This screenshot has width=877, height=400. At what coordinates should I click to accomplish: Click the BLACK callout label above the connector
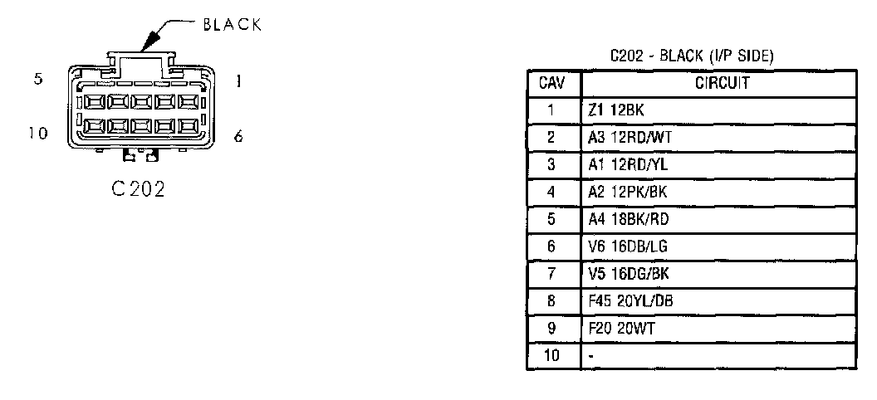click(x=232, y=25)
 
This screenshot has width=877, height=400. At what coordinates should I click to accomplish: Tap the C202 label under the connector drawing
click(x=137, y=188)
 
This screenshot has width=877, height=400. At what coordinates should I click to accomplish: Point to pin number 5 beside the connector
click(x=37, y=80)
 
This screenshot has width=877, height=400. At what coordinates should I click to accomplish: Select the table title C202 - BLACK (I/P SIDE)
click(x=692, y=56)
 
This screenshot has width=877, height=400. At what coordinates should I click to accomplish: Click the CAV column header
click(x=553, y=83)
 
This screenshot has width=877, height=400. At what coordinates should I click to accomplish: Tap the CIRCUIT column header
click(x=718, y=83)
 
